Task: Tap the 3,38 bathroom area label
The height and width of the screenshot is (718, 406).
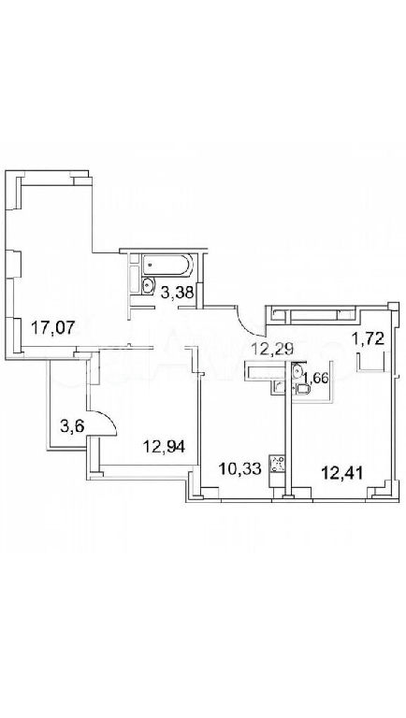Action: tap(176, 292)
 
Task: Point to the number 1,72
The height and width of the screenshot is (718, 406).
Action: tap(367, 339)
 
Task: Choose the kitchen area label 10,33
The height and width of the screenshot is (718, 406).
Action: tap(239, 468)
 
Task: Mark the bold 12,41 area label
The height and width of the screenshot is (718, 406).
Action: tap(342, 471)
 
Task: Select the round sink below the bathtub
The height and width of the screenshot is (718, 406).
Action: tap(148, 286)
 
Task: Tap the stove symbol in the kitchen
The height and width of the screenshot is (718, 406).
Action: tap(278, 464)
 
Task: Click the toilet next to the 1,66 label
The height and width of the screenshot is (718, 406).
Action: tap(303, 389)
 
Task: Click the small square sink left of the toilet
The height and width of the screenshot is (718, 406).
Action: tap(278, 387)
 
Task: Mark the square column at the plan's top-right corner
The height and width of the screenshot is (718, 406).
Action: tap(392, 307)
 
